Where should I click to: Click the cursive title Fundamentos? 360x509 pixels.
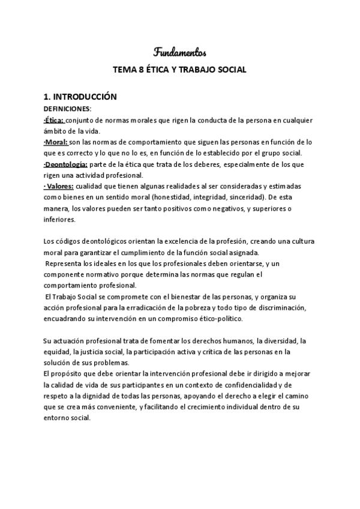coord(180,52)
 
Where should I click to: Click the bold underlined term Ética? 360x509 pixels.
coord(55,120)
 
